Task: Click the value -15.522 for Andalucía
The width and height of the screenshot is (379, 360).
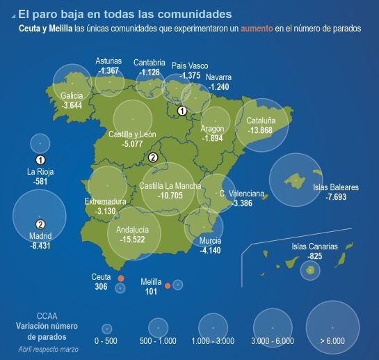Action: (x=132, y=240)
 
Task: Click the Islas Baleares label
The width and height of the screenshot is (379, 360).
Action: (x=336, y=187)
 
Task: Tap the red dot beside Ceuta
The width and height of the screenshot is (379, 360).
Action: (x=120, y=277)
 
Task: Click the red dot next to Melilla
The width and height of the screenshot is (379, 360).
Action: (x=168, y=285)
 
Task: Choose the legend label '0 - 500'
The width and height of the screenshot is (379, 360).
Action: (x=106, y=341)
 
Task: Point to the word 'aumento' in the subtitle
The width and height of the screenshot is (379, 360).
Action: (x=257, y=29)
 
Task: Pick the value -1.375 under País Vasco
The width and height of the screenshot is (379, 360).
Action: (x=190, y=75)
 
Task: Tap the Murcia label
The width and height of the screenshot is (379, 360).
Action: (x=210, y=240)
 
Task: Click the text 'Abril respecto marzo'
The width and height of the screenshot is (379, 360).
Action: (x=48, y=348)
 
